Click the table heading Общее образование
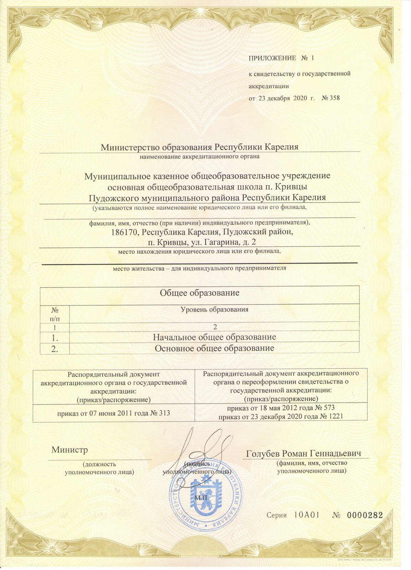(199, 293)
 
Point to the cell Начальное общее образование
(214, 337)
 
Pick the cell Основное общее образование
(214, 348)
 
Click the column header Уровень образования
(214, 310)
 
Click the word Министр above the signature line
(70, 450)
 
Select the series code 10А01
(307, 515)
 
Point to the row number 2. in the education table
(55, 348)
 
